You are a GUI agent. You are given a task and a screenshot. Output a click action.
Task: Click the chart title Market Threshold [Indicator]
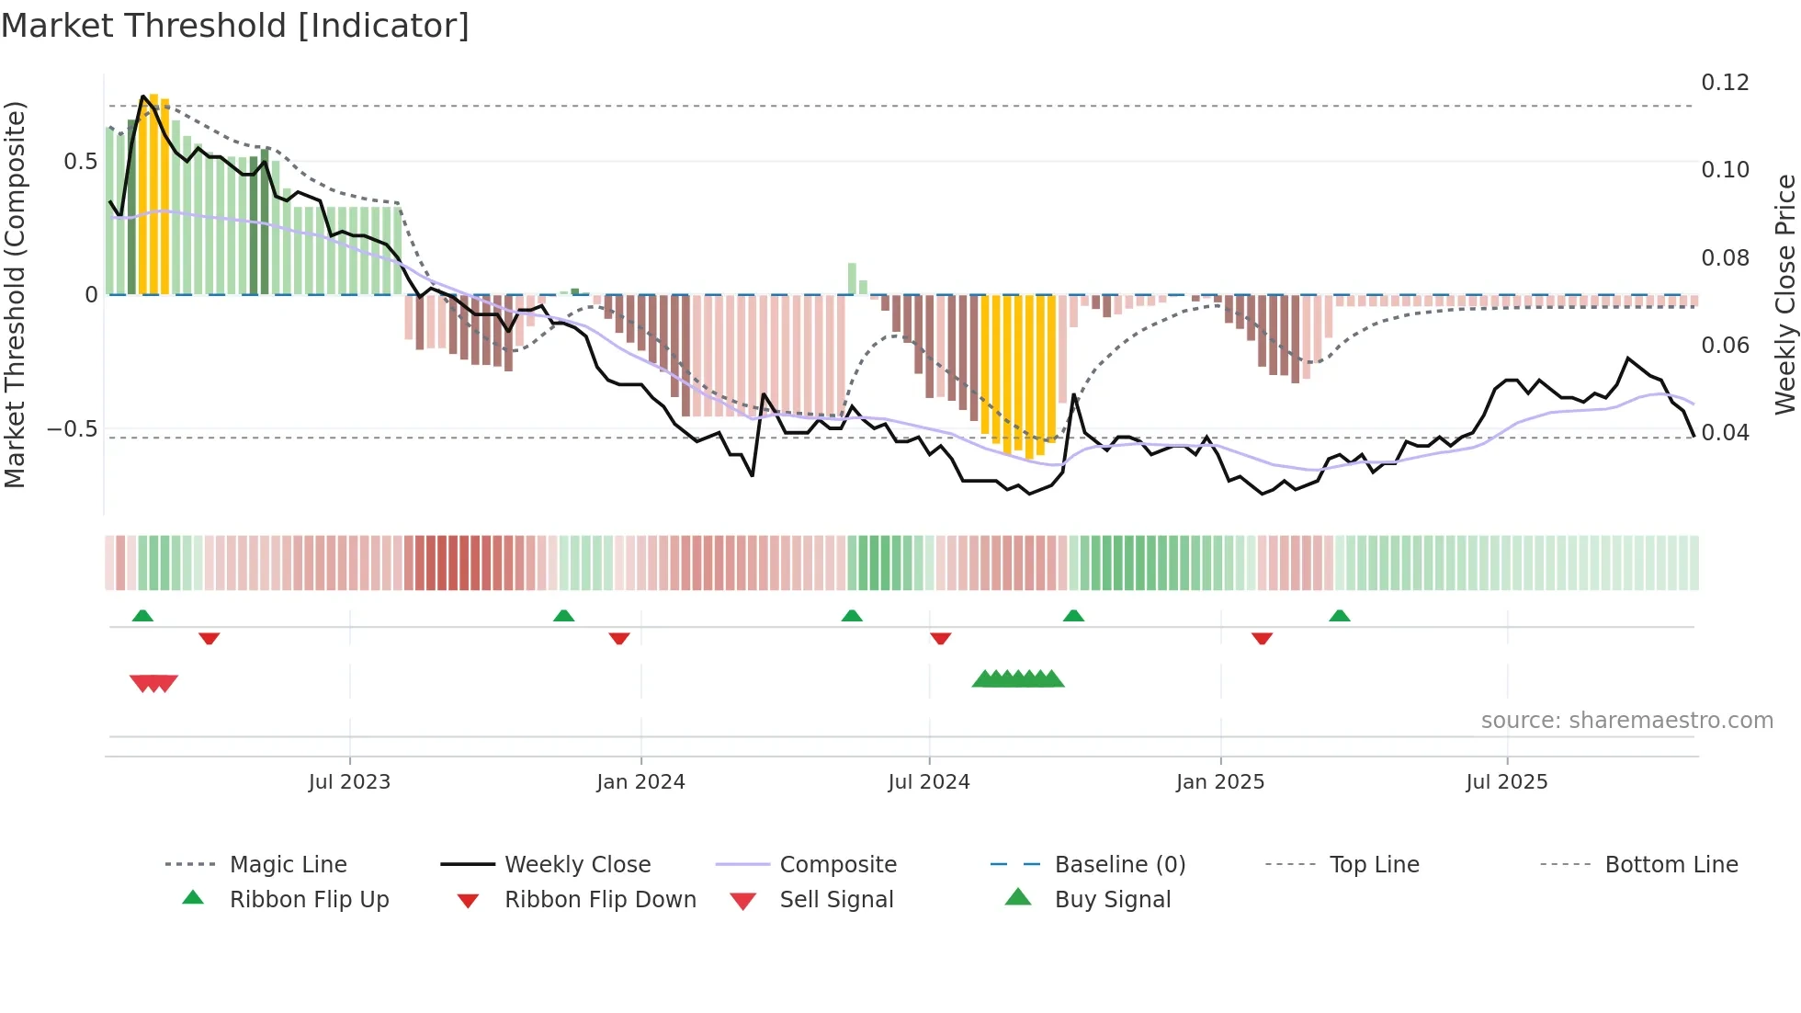[x=235, y=26]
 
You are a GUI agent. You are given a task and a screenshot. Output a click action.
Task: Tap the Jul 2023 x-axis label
[x=349, y=782]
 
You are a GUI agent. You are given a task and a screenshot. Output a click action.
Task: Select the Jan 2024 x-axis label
[x=640, y=782]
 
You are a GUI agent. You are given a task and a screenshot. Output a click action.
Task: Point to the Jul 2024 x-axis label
[x=929, y=782]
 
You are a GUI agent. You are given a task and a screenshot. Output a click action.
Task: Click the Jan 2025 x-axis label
[x=1220, y=782]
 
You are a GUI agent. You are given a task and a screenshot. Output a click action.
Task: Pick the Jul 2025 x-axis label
[x=1507, y=782]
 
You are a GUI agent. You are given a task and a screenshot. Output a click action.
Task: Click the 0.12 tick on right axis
[x=1725, y=83]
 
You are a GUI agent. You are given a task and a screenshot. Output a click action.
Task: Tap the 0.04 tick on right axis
[x=1725, y=432]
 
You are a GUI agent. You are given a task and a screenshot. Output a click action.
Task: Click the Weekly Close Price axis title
[x=1784, y=294]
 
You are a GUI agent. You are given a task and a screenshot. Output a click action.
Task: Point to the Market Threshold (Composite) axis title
[x=15, y=294]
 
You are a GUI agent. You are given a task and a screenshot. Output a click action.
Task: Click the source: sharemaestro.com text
[x=1626, y=721]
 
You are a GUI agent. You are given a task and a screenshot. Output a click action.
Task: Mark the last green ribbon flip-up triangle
[x=1340, y=616]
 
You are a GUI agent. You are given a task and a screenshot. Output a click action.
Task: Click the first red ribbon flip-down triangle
[x=210, y=638]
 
